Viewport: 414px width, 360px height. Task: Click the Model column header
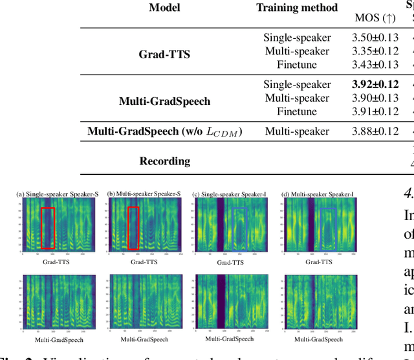(x=164, y=7)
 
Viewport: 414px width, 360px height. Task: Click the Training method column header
(x=297, y=7)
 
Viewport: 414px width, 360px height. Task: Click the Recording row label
(x=164, y=161)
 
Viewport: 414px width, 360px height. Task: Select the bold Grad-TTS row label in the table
(x=164, y=54)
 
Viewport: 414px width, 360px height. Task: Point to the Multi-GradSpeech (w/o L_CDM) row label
(x=164, y=131)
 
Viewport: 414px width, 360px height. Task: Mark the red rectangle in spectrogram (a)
(x=47, y=228)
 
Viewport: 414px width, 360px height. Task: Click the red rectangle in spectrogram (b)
(x=133, y=228)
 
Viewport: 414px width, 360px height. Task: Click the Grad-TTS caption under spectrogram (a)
(x=56, y=262)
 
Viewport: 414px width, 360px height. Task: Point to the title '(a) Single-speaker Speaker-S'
(x=57, y=194)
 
